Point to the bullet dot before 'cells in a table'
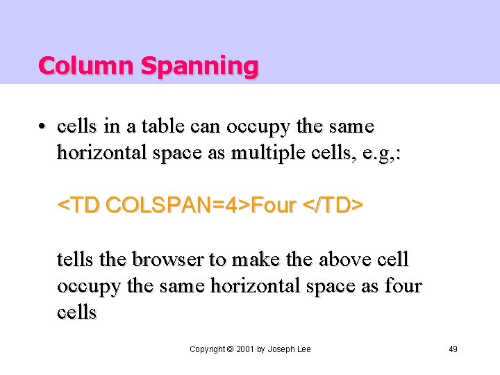42,127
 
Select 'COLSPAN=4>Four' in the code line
202,206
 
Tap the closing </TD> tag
334,206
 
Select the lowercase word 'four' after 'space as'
403,286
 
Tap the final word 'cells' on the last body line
76,312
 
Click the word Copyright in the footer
208,349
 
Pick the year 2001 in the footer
244,349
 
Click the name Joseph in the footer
281,349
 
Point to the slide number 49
453,349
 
